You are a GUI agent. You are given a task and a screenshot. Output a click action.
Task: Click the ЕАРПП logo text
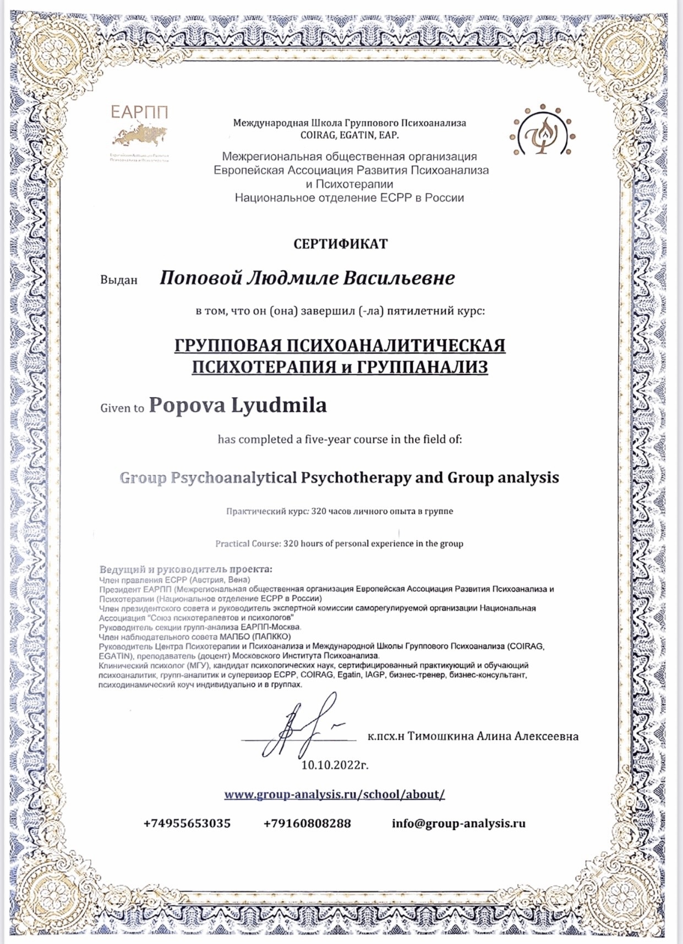(139, 112)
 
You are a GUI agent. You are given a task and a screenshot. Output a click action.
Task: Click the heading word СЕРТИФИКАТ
(341, 244)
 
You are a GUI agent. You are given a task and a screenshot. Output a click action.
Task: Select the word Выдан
(118, 280)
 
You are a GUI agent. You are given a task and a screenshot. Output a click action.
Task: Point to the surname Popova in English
(187, 405)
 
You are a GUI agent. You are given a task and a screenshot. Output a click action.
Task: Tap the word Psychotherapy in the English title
(356, 478)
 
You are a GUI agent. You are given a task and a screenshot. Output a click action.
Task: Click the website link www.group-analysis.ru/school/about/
(334, 794)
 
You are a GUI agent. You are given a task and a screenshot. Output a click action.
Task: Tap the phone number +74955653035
(187, 824)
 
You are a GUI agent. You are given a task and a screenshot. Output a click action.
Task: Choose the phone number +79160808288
(307, 824)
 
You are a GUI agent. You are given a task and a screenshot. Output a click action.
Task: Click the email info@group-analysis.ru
(458, 824)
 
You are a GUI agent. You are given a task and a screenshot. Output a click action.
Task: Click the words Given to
(122, 408)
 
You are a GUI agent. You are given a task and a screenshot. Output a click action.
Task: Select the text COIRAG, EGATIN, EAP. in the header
(349, 135)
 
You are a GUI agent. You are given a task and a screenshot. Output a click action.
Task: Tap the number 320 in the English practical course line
(291, 544)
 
